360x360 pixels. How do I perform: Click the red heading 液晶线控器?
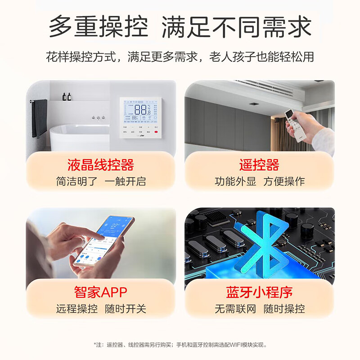pyautogui.click(x=101, y=165)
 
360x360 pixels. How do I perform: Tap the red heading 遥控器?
pyautogui.click(x=259, y=165)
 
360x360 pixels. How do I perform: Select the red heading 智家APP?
pyautogui.click(x=101, y=292)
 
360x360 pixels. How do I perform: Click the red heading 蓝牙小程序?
pyautogui.click(x=259, y=292)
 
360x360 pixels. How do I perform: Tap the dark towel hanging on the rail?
pyautogui.click(x=40, y=118)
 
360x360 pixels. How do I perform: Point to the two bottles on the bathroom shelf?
pyautogui.click(x=67, y=96)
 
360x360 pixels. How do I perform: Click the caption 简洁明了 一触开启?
pyautogui.click(x=101, y=181)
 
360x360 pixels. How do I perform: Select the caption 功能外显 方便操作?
pyautogui.click(x=259, y=181)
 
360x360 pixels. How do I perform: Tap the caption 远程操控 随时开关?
pyautogui.click(x=101, y=309)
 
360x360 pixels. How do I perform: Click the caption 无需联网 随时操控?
pyautogui.click(x=259, y=309)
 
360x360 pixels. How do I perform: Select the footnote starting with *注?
pyautogui.click(x=180, y=345)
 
